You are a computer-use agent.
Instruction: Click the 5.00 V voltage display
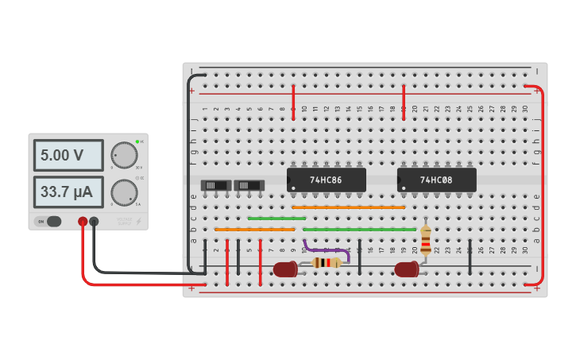tap(68, 155)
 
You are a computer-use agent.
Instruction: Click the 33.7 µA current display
tap(68, 192)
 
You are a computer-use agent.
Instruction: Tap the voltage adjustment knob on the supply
tap(124, 154)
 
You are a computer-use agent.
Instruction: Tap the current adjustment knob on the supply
tap(124, 192)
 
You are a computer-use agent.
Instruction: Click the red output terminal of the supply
tap(82, 222)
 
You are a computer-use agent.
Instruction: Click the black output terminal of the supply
tap(94, 222)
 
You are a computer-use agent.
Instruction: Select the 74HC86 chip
tap(326, 180)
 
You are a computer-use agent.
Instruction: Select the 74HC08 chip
tap(436, 180)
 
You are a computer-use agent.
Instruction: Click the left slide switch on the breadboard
tap(216, 185)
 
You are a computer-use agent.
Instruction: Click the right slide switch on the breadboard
tap(249, 185)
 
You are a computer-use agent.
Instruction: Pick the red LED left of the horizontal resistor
tap(285, 269)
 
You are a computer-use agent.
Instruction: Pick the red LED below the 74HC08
tap(407, 269)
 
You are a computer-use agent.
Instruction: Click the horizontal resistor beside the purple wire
tap(327, 262)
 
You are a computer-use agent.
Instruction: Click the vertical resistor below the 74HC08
tap(426, 239)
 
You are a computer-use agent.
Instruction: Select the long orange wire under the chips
tap(348, 207)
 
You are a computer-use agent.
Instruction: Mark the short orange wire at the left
tap(254, 229)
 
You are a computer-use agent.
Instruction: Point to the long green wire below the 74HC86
tap(359, 229)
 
